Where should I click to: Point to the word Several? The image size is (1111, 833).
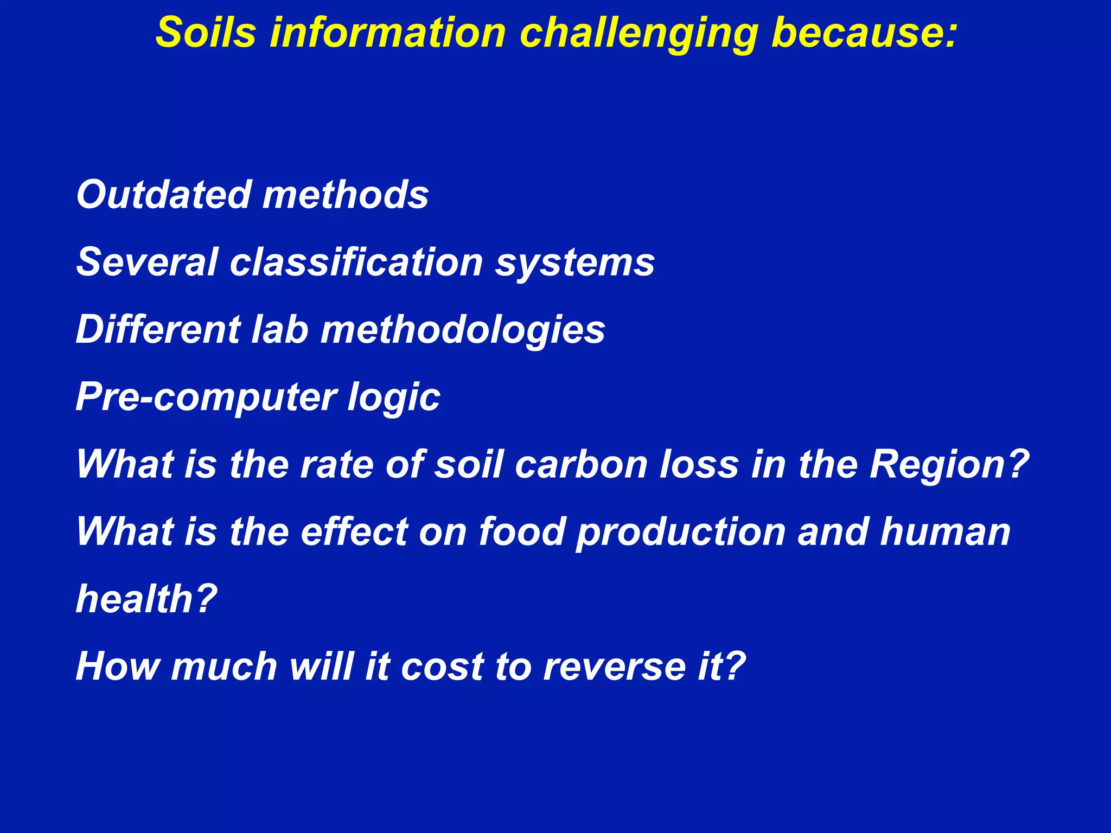pyautogui.click(x=146, y=262)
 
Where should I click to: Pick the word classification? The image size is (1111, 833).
pyautogui.click(x=356, y=262)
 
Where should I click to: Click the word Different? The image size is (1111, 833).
pyautogui.click(x=157, y=329)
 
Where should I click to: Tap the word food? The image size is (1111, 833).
pyautogui.click(x=522, y=531)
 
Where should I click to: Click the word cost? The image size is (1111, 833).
pyautogui.click(x=443, y=667)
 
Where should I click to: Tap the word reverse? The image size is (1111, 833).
pyautogui.click(x=614, y=667)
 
